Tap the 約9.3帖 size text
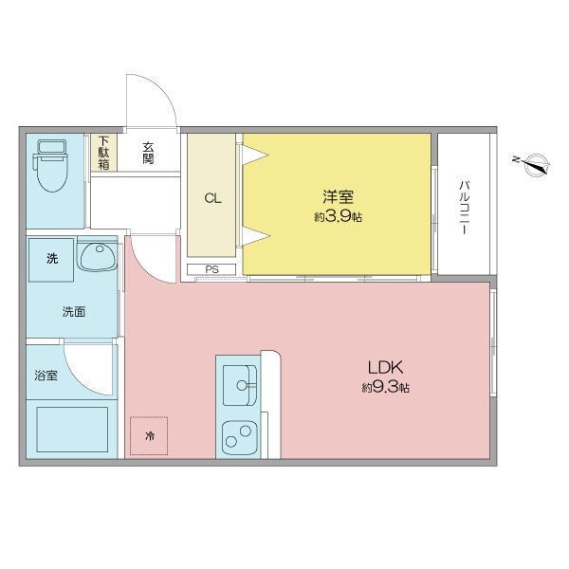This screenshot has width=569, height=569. [x=384, y=388]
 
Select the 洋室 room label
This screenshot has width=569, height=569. [x=338, y=197]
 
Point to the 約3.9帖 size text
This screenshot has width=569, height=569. [x=338, y=216]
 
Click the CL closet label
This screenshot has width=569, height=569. [x=213, y=198]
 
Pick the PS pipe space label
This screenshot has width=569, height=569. [x=212, y=269]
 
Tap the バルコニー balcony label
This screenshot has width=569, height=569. [x=465, y=205]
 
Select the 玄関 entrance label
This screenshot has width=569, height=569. [x=149, y=153]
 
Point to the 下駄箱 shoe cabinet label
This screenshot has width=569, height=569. [x=103, y=153]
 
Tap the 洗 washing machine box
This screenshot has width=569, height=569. [x=51, y=259]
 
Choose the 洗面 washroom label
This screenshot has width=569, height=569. [x=74, y=311]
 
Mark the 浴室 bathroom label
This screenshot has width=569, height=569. [x=46, y=376]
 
